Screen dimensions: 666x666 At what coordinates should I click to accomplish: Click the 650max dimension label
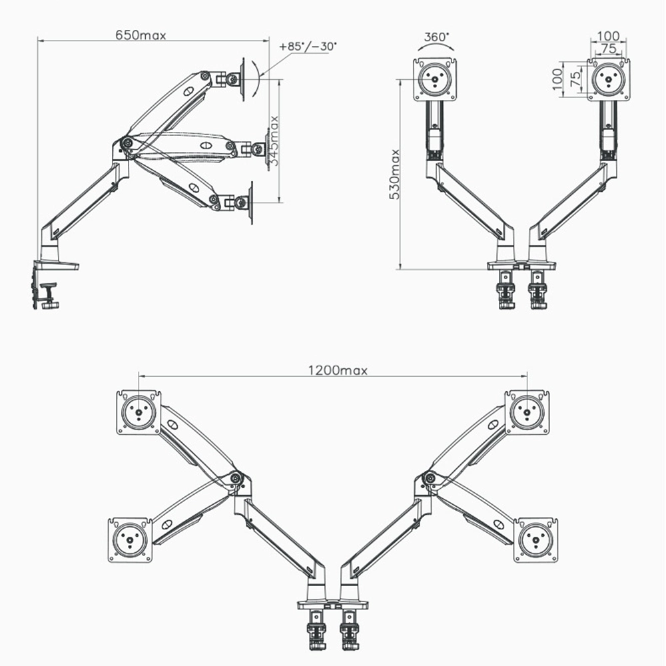[141, 35]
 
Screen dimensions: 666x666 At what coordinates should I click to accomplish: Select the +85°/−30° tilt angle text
[308, 47]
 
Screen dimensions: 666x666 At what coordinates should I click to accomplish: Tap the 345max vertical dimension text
[274, 141]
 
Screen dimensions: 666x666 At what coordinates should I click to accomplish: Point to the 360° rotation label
[436, 37]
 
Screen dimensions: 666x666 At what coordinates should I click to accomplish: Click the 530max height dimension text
[394, 174]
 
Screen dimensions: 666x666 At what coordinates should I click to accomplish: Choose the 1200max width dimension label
[338, 370]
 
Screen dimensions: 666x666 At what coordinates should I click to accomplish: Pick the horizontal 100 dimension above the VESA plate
[608, 36]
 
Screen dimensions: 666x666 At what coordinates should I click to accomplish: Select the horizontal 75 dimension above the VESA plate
[609, 49]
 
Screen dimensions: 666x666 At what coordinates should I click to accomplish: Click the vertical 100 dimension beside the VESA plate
[557, 79]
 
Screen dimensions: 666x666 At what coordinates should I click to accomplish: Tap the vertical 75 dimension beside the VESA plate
[575, 79]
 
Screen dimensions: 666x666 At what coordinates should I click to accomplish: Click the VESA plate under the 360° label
[436, 80]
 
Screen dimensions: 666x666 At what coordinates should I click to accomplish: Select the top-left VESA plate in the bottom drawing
[139, 412]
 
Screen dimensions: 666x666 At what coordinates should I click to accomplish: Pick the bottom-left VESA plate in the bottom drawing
[130, 540]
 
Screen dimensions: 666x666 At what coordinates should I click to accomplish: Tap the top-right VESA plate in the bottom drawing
[527, 412]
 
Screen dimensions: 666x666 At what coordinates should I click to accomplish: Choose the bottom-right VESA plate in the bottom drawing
[536, 540]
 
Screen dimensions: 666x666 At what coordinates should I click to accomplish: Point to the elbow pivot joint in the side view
[126, 141]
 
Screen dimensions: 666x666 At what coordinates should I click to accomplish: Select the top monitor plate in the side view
[243, 79]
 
